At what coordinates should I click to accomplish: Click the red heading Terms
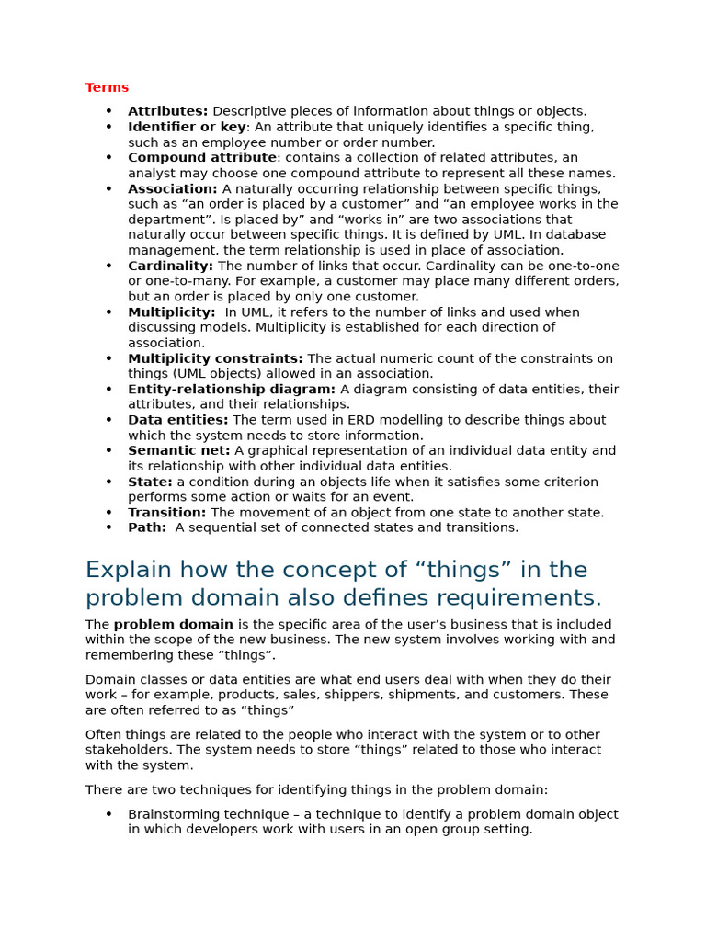click(107, 88)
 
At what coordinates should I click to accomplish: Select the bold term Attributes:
click(167, 111)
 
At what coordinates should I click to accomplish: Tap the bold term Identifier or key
click(187, 127)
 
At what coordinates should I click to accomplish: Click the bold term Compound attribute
click(201, 158)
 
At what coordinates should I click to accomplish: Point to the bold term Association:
click(173, 188)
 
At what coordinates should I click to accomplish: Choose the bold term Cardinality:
click(171, 266)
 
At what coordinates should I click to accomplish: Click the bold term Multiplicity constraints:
click(215, 358)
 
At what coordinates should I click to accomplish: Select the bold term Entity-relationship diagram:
click(232, 390)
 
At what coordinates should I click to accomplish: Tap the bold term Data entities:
click(177, 420)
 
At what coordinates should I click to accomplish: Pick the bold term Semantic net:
click(179, 451)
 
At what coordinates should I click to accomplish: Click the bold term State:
click(150, 482)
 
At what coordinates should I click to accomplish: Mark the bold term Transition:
click(166, 513)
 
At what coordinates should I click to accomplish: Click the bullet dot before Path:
click(108, 527)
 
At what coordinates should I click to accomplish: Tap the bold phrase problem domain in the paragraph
click(174, 625)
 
